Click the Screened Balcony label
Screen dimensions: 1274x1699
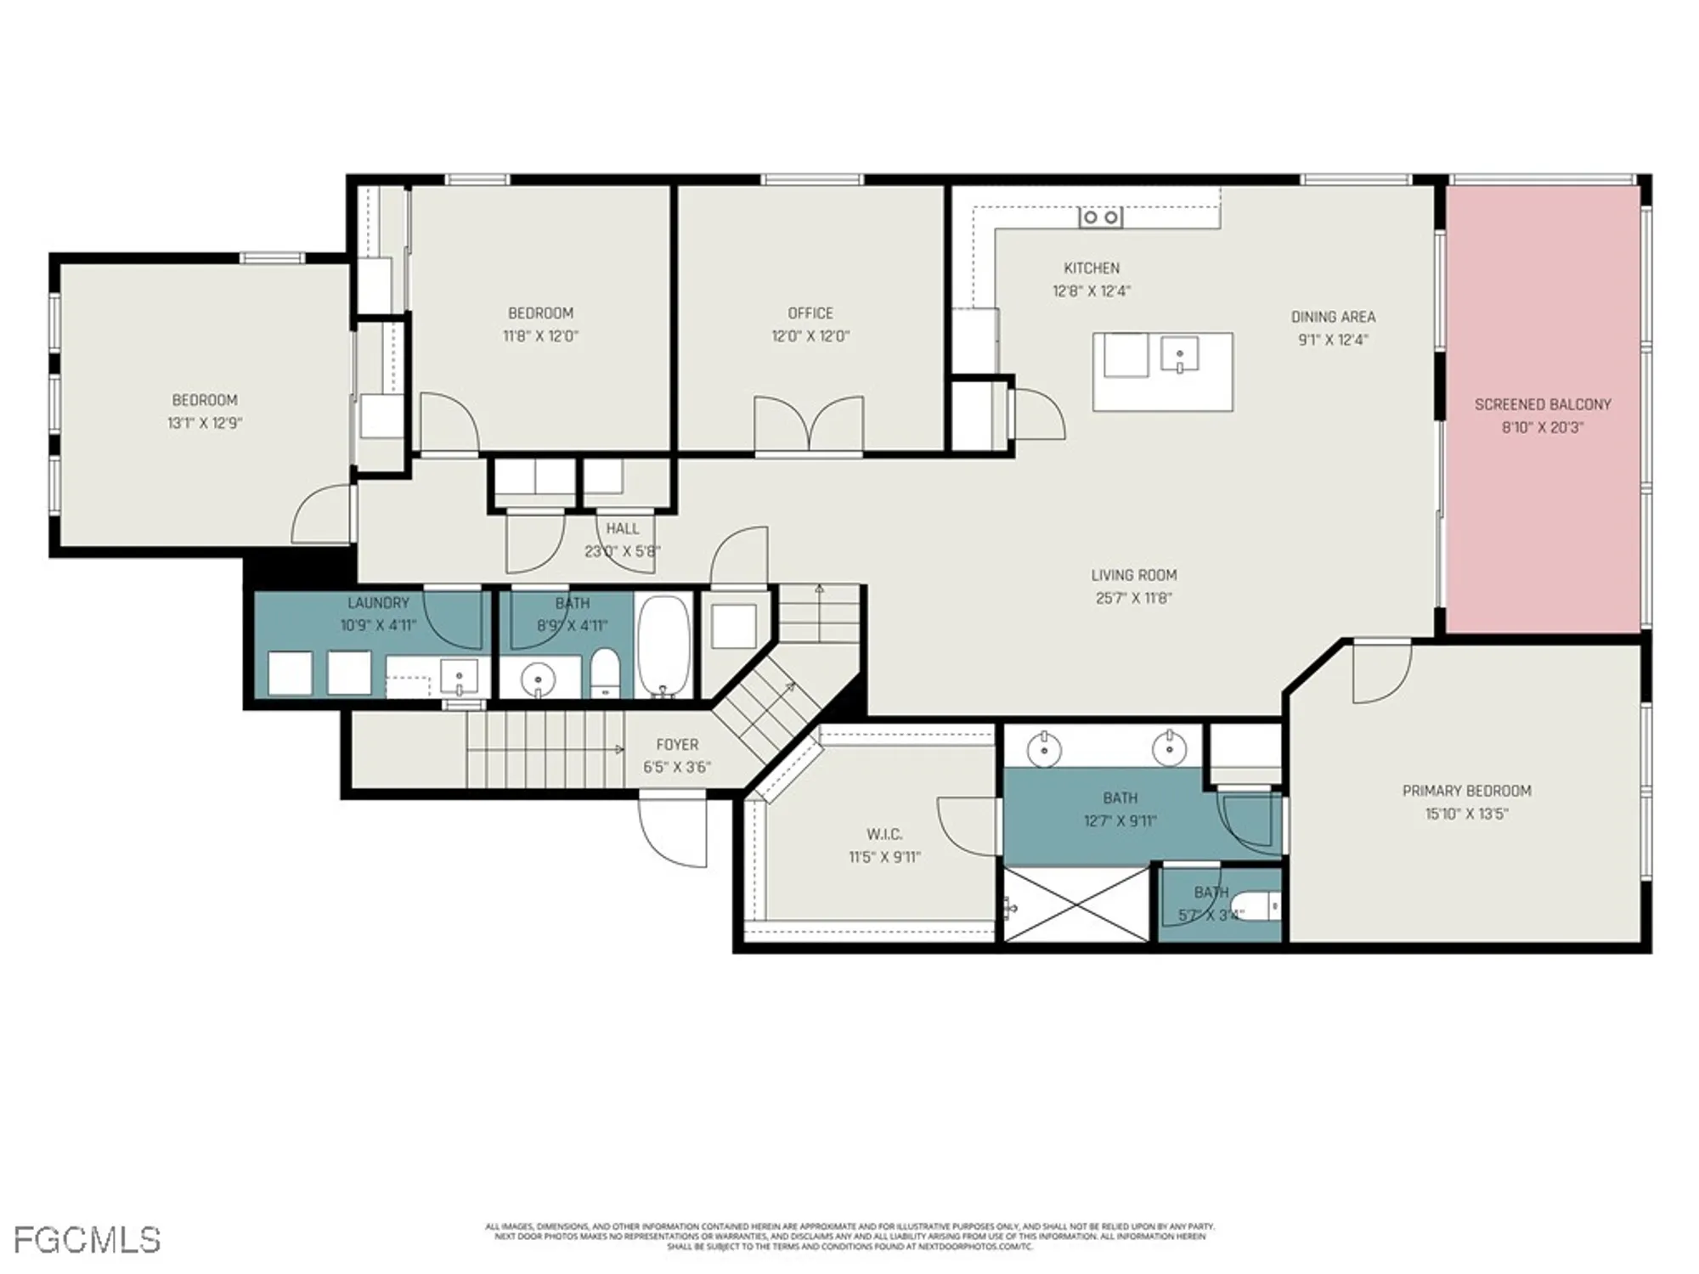(x=1542, y=404)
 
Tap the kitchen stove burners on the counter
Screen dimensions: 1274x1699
(x=1100, y=217)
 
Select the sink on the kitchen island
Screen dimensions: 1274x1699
(x=1179, y=353)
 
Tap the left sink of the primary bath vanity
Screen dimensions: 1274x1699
(x=1043, y=749)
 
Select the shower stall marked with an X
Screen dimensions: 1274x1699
(x=1076, y=904)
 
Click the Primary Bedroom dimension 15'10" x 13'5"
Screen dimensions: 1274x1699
(x=1466, y=814)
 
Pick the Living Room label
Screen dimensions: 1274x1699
(x=1133, y=575)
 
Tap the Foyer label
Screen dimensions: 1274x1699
(x=677, y=745)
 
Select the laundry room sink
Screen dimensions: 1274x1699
(x=459, y=677)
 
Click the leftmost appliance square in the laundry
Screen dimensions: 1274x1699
(x=290, y=673)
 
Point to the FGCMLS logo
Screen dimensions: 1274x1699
(x=87, y=1240)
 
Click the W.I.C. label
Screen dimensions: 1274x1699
(x=884, y=834)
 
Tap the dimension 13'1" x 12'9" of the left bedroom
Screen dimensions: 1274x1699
(x=205, y=423)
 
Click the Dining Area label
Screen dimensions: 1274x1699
(x=1333, y=317)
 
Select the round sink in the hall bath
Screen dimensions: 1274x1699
(x=538, y=679)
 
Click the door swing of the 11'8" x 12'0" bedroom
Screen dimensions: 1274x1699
(x=449, y=422)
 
